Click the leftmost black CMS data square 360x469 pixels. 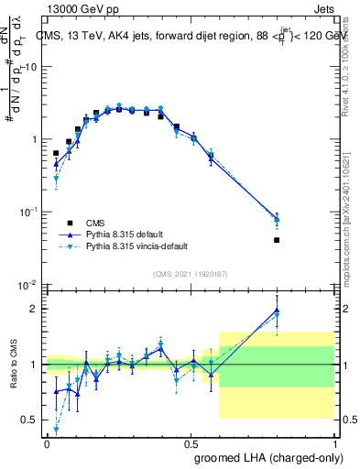[56, 154]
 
